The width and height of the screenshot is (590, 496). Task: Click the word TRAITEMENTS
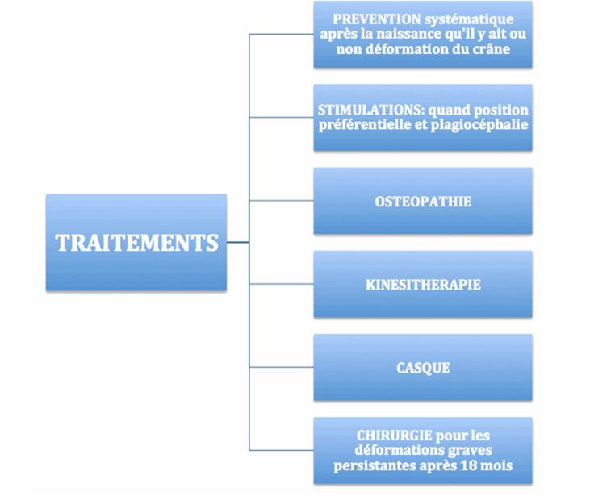tap(136, 242)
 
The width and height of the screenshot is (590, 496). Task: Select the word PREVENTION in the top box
tap(377, 19)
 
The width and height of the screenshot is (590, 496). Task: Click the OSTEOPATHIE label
tap(423, 202)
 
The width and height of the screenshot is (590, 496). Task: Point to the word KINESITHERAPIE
tap(423, 285)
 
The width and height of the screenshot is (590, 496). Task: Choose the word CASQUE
tap(423, 368)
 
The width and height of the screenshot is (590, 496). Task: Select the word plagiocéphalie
tap(479, 125)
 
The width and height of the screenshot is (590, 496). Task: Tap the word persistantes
tap(375, 465)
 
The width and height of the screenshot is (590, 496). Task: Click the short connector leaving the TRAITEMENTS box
tap(238, 242)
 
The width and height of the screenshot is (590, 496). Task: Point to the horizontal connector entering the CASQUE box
tap(282, 367)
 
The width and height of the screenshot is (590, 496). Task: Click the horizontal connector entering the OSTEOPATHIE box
tap(282, 201)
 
